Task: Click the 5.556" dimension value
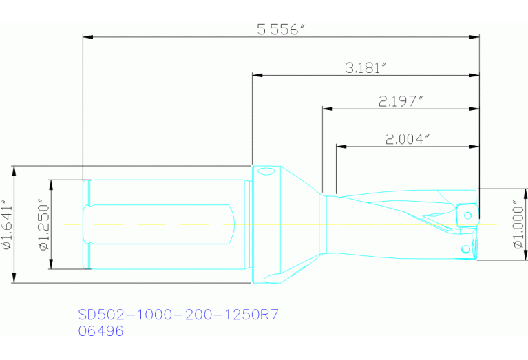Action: pos(280,30)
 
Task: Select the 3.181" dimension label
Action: pos(366,67)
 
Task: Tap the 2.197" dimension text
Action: pos(399,101)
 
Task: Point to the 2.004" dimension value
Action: pos(408,138)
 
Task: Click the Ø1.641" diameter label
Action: pos(7,225)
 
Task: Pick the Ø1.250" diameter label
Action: pos(43,225)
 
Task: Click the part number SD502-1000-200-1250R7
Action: pos(178,315)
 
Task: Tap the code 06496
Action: pos(101,331)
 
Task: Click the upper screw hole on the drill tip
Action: pos(468,216)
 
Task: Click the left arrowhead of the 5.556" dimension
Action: pos(87,36)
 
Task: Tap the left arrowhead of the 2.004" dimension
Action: pos(340,146)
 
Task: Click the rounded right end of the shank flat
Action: pos(232,224)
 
